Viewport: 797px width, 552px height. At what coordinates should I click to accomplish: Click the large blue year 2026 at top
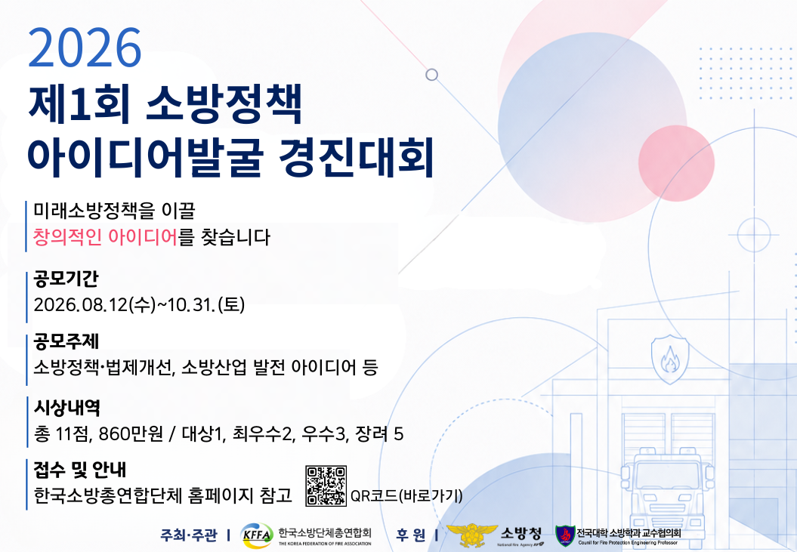85,48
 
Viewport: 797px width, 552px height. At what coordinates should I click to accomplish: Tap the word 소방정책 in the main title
224,104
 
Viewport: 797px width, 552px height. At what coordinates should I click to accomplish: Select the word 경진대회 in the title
356,156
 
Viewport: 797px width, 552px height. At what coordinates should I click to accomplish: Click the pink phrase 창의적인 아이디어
105,237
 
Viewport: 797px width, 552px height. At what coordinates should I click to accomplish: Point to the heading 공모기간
66,279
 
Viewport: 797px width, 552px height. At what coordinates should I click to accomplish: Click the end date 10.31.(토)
206,304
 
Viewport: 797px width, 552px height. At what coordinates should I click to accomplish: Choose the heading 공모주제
66,341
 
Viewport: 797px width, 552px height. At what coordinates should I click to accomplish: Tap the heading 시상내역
66,407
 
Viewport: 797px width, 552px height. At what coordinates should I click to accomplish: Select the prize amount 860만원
131,433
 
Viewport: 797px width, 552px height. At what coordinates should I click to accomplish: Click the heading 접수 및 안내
80,470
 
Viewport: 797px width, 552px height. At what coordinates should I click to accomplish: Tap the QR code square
326,486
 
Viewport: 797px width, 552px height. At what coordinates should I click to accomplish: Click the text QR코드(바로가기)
406,495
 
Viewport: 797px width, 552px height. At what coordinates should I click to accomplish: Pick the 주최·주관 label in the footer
189,535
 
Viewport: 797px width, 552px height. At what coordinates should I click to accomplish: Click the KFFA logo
256,535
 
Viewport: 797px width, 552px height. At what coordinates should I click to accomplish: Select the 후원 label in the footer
411,535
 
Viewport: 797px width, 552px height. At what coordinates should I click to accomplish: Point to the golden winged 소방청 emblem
471,535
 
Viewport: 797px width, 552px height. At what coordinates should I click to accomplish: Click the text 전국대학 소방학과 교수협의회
629,532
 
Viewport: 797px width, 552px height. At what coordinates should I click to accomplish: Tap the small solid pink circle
677,163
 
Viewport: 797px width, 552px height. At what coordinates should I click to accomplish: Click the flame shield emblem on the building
670,359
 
